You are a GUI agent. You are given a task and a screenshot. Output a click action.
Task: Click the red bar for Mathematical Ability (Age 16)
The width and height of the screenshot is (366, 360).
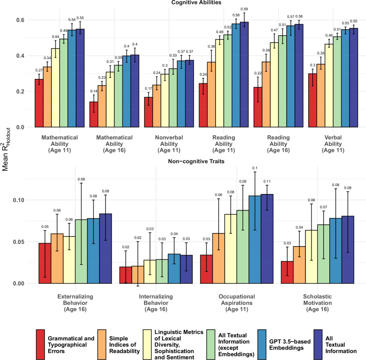[x=93, y=114]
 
